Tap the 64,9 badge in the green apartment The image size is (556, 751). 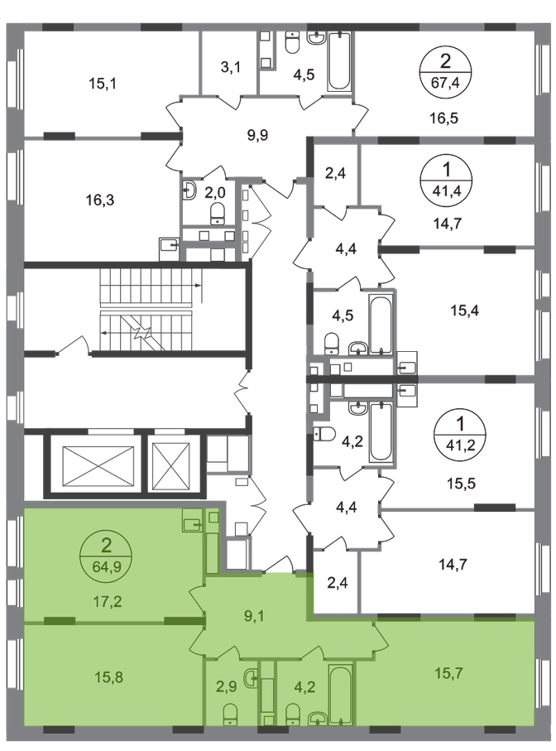pos(107,556)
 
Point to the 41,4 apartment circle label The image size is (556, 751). pos(447,179)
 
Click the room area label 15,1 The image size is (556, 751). pos(103,84)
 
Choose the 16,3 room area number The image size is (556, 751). pos(100,200)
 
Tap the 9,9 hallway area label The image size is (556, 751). pos(257,135)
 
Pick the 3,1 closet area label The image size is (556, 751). pos(231,68)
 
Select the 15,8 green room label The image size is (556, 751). pos(109,677)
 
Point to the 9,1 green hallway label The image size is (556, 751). pos(255,616)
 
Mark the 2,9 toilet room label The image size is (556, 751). pos(227,686)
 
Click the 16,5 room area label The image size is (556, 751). pos(443,118)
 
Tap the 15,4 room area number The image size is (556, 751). pos(465,311)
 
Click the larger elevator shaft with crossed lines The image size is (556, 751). pos(98,464)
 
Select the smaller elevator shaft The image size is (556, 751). pos(170,464)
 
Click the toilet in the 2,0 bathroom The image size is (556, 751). pos(218,213)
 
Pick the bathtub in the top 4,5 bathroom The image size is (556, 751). pos(340,60)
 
